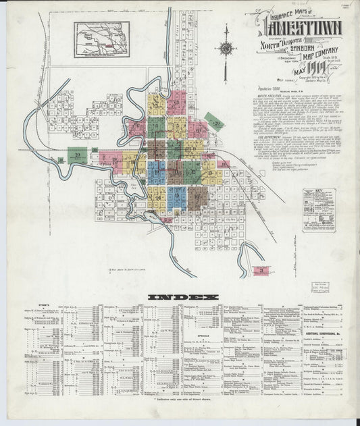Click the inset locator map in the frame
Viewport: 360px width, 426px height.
102,39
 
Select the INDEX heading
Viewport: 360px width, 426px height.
183,297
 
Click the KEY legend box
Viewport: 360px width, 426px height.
319,210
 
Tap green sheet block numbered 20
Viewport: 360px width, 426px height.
78,155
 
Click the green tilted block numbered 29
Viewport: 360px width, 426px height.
215,122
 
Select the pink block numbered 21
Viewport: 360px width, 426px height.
261,271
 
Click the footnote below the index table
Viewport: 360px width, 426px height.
182,400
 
